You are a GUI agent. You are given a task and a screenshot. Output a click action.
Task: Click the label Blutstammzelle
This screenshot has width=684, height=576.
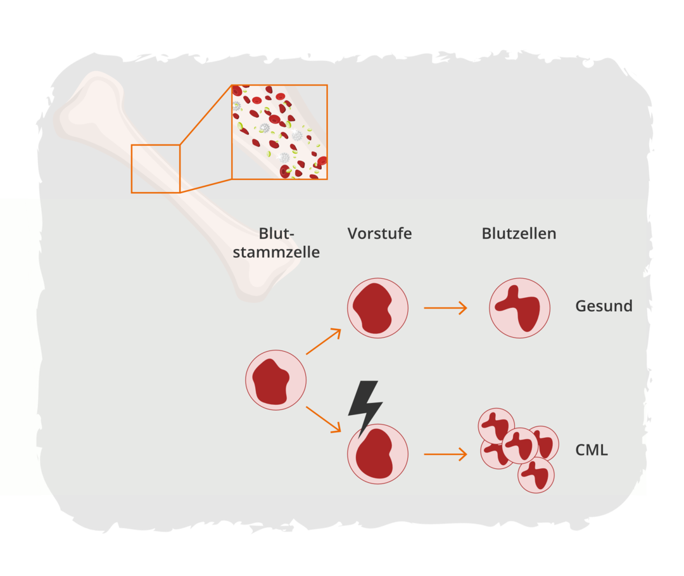tap(276, 243)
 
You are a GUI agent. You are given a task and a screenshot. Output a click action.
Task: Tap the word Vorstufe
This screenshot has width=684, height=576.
tap(379, 233)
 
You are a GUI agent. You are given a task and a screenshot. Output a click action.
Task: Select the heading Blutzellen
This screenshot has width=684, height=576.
tap(519, 233)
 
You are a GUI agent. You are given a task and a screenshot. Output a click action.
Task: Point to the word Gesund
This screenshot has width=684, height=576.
tap(604, 306)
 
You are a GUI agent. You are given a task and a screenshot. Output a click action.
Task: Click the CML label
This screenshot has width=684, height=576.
tap(591, 451)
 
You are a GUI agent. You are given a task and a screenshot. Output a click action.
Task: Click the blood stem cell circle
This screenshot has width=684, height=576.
tap(276, 380)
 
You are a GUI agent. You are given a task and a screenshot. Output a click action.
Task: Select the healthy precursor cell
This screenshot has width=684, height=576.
tap(377, 308)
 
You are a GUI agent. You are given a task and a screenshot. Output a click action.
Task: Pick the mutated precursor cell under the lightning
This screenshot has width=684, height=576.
tap(377, 454)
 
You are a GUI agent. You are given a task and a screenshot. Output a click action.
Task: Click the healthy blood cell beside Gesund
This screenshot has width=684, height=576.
tap(519, 308)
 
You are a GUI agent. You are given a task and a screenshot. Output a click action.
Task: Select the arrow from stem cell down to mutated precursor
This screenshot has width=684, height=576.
tap(324, 419)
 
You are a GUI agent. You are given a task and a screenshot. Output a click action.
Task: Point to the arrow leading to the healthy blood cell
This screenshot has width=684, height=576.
tap(445, 308)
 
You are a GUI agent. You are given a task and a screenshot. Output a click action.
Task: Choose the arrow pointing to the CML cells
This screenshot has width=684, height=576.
tap(445, 454)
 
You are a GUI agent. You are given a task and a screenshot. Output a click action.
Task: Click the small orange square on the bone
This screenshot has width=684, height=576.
tap(156, 169)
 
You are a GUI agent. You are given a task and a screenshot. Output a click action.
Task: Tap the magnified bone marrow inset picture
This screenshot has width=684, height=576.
tap(279, 132)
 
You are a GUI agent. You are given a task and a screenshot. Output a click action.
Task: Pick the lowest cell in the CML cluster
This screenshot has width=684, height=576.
tap(536, 475)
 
